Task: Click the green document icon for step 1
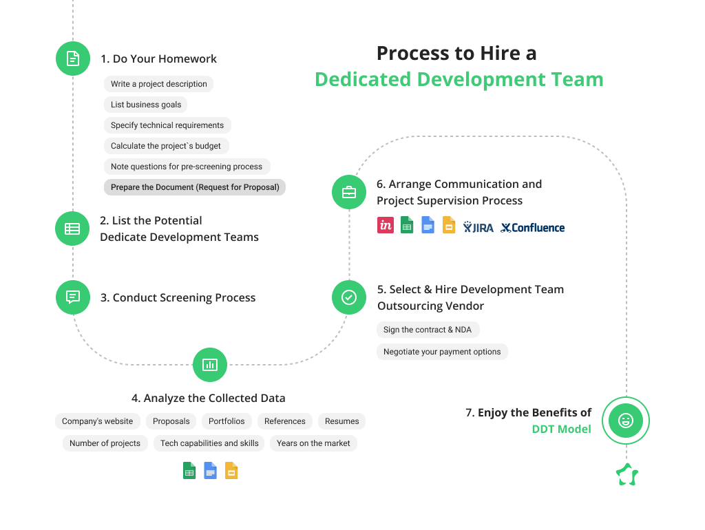point(72,59)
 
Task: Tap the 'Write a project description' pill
point(158,84)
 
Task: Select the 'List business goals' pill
point(146,105)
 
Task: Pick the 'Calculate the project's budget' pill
point(166,146)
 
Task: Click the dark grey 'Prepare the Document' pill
point(195,187)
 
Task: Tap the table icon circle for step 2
point(72,229)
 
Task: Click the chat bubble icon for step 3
point(72,297)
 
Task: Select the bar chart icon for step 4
point(210,365)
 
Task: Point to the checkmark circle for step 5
point(349,297)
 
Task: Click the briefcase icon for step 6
point(349,192)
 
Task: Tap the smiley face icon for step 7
point(626,421)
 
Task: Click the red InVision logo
point(386,225)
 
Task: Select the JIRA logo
point(478,227)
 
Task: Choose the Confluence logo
point(533,227)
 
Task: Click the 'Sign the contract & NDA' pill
point(428,330)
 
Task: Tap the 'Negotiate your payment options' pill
point(442,352)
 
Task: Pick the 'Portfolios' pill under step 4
point(227,421)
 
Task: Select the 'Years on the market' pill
point(313,443)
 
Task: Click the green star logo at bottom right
point(627,475)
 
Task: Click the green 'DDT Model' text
point(561,429)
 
